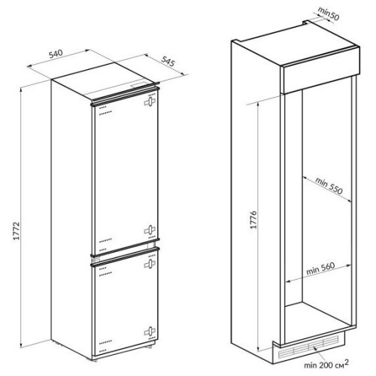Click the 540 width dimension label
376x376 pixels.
56,54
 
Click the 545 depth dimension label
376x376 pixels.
168,62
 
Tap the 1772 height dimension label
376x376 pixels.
17,231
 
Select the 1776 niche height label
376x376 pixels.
253,220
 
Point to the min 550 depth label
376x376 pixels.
329,186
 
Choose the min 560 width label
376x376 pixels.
320,268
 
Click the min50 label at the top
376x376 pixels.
329,14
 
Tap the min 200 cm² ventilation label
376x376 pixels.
326,365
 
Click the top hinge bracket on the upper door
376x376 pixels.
150,102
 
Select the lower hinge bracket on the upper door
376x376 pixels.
150,230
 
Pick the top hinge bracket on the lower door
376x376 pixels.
150,264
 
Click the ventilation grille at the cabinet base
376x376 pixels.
308,347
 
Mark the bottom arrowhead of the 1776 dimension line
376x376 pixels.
258,349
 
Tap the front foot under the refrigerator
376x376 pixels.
95,360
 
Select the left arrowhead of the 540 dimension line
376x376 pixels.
29,66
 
